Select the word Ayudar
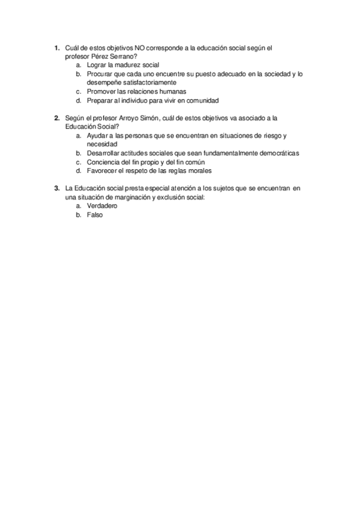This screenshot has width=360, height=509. pos(97,136)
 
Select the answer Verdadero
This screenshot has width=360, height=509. pos(102,206)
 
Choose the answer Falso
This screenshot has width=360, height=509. pos(95,215)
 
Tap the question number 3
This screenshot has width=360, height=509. pos(56,188)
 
